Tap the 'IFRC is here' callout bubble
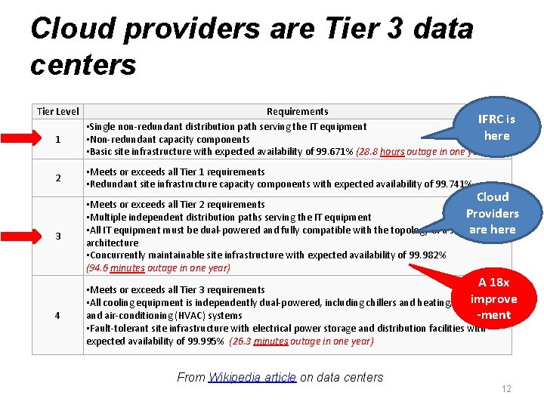(x=495, y=128)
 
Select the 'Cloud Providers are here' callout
(x=492, y=213)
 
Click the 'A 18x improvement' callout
(x=493, y=298)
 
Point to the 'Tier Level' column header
(x=58, y=112)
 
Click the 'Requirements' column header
(x=297, y=112)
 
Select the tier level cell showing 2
(x=58, y=178)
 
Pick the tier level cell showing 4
(x=58, y=315)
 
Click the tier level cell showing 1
(x=58, y=140)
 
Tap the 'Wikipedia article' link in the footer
(x=252, y=378)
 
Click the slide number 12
(x=506, y=389)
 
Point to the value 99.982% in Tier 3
(x=427, y=255)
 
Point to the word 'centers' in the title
(x=83, y=65)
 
